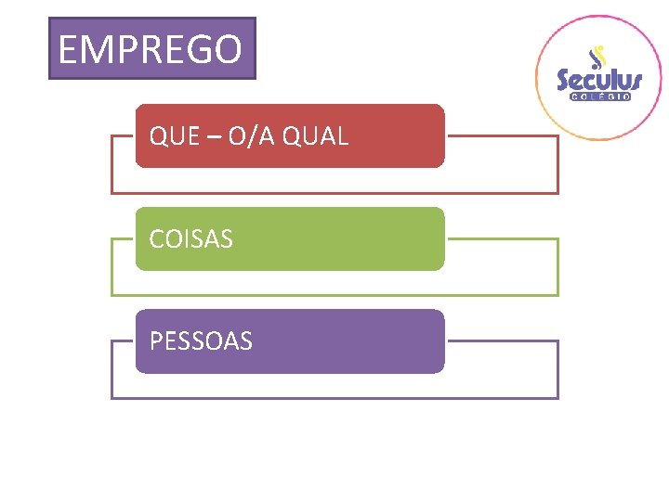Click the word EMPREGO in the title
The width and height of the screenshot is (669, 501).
tap(151, 49)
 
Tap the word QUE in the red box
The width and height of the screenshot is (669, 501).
tap(175, 136)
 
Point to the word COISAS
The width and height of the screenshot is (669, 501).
tap(191, 239)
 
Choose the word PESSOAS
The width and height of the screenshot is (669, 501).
tap(201, 341)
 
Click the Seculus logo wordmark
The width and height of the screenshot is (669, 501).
tap(599, 81)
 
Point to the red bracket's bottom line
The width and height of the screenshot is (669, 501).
tap(334, 193)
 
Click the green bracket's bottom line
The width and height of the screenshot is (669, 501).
tap(334, 295)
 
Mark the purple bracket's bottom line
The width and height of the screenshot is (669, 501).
tap(334, 398)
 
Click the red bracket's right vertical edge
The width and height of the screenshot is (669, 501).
tap(557, 165)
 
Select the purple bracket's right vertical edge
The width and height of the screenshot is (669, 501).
tap(557, 370)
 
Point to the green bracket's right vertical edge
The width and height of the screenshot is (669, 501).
tap(557, 267)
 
